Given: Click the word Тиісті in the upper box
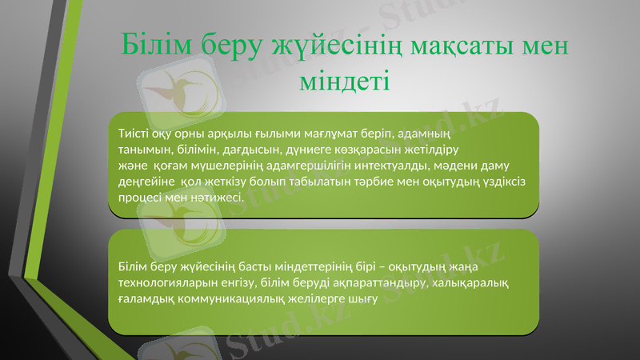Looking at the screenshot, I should point(133,133).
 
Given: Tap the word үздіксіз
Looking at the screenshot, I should point(498,182).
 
